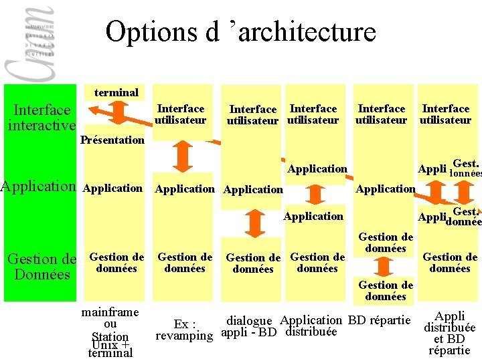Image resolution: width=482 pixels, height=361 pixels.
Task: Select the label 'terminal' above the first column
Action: [x=116, y=92]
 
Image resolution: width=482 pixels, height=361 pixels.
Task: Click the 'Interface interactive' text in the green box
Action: [x=42, y=117]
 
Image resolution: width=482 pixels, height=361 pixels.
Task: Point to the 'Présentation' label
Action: [x=112, y=140]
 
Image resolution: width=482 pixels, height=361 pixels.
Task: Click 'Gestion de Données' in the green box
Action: [x=42, y=266]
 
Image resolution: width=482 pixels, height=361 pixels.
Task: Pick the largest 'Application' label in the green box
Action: [x=39, y=187]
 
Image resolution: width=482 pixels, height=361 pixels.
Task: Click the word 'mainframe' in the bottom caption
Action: [x=110, y=312]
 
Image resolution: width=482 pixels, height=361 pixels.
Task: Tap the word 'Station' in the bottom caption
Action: [x=110, y=336]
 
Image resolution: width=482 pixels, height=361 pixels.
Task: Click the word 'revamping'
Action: [x=183, y=336]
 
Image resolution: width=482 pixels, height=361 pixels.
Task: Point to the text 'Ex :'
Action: [x=184, y=323]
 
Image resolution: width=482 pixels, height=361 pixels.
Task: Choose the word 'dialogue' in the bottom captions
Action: [x=249, y=321]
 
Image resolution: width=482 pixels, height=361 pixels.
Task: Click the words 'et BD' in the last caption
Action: [x=450, y=339]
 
